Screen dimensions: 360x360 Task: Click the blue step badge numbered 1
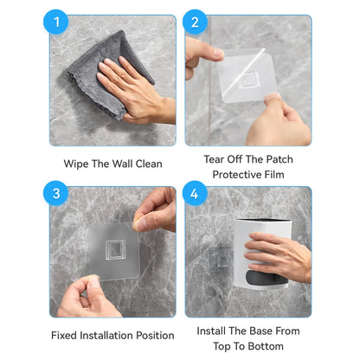pos(56,22)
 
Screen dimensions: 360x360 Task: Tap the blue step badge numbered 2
pos(195,22)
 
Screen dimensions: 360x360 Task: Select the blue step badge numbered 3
pos(56,193)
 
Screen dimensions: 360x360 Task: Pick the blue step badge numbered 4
pos(195,193)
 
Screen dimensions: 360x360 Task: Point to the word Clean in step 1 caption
pos(149,164)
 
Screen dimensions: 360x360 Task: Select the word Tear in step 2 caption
pos(214,159)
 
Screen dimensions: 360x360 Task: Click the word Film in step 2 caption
pos(274,175)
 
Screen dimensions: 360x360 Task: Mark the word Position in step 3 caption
pos(155,336)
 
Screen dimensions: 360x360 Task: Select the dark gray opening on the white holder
pos(267,278)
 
